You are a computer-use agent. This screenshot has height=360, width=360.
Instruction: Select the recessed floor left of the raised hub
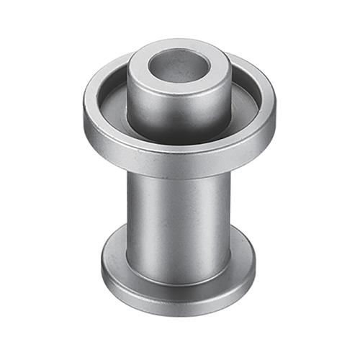click(x=115, y=108)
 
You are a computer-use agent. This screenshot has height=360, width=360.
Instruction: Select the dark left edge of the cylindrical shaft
click(x=131, y=216)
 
